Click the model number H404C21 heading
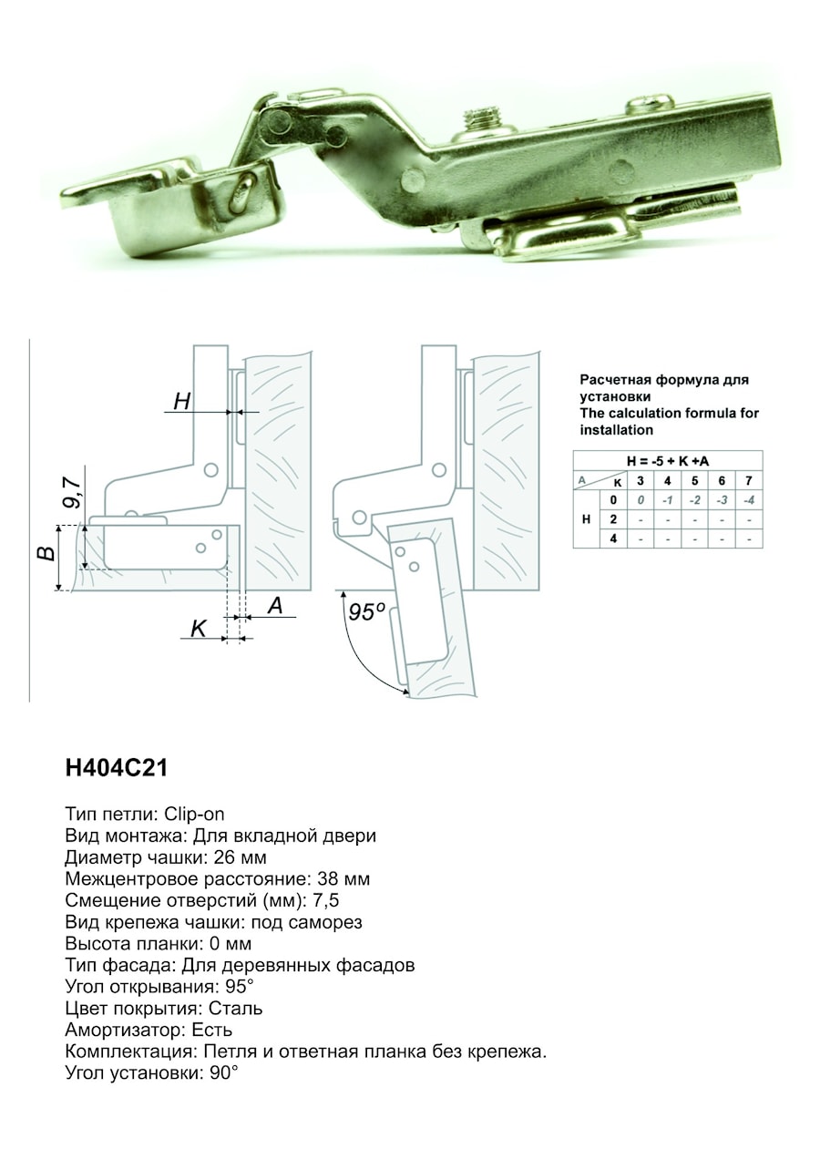(x=117, y=768)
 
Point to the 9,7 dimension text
(x=74, y=493)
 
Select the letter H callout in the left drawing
(x=181, y=401)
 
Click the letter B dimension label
(x=47, y=554)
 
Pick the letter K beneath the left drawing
(x=198, y=630)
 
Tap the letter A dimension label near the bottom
(x=276, y=605)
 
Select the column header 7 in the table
(x=749, y=481)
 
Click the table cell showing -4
(x=749, y=500)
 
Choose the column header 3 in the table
(x=641, y=481)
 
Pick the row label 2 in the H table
(x=613, y=519)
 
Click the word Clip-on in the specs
(x=195, y=815)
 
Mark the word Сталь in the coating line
(x=235, y=1009)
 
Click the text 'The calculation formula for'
(x=670, y=414)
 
